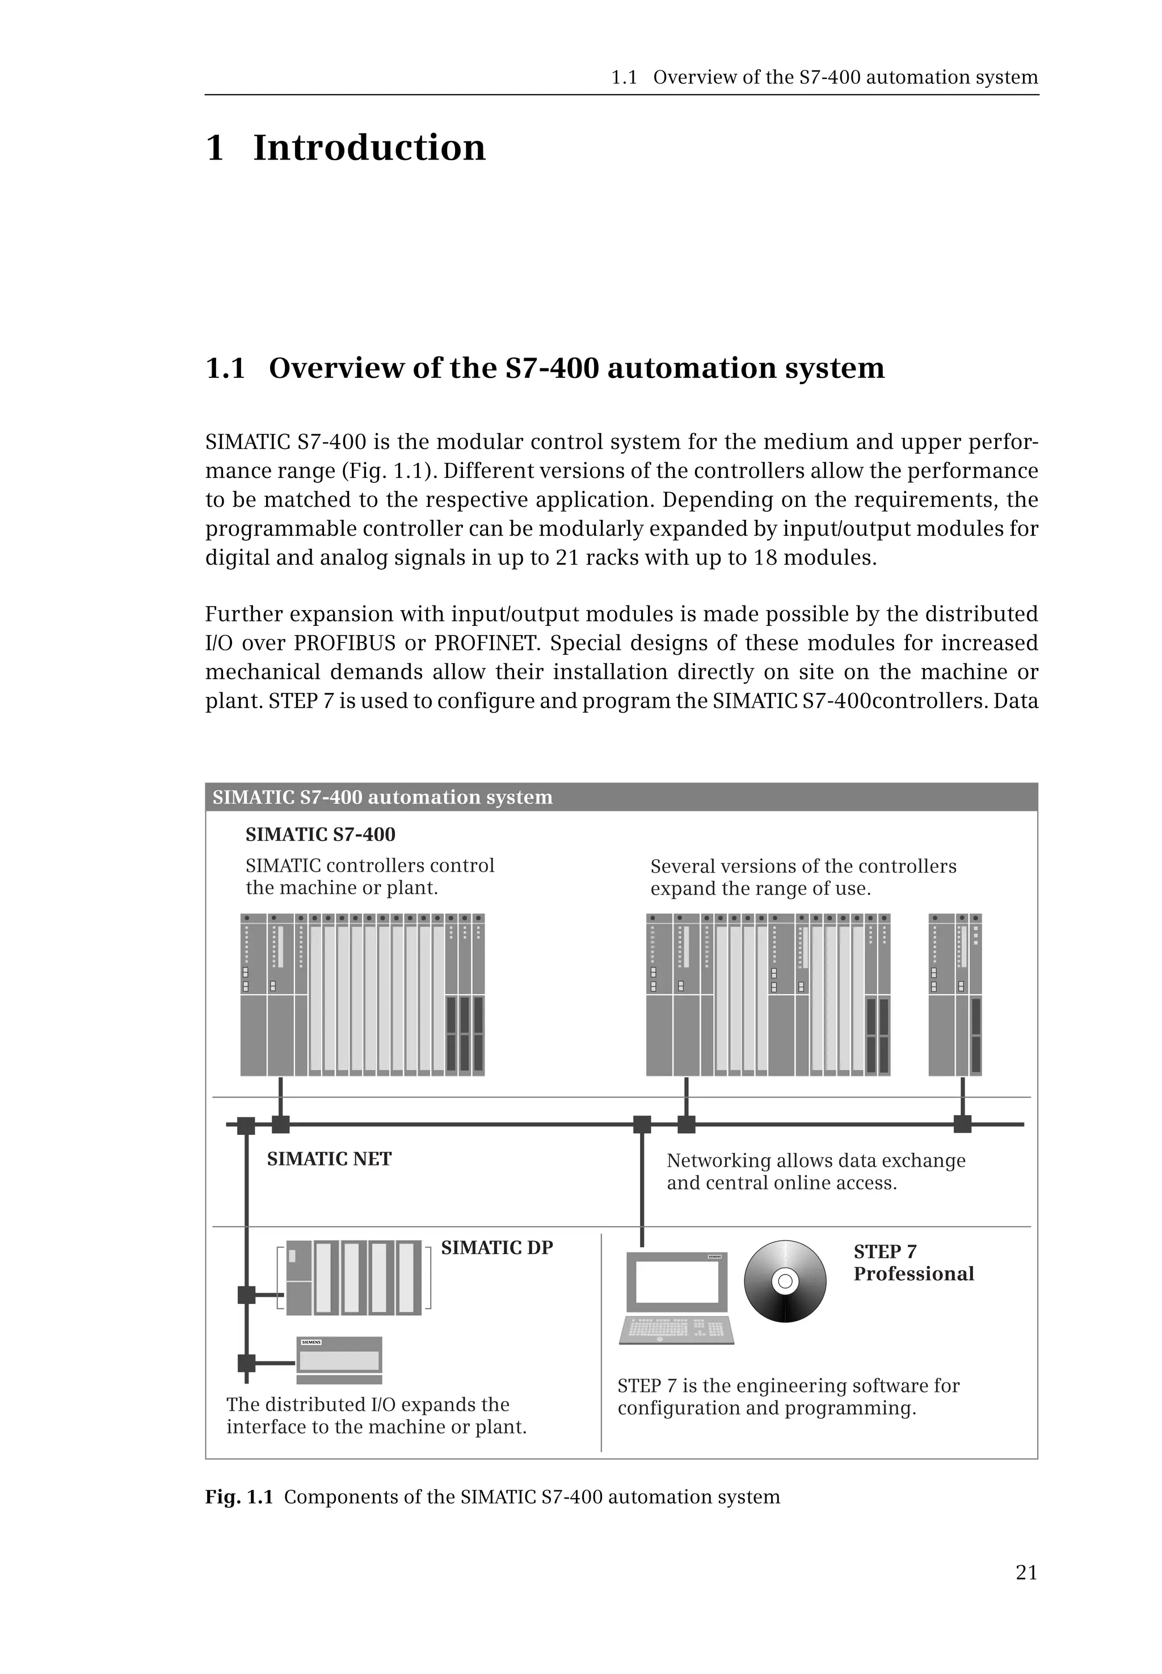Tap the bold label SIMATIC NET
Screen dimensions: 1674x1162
coord(329,1159)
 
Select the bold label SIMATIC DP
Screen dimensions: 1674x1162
coord(496,1247)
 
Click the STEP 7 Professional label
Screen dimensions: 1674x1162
coord(913,1263)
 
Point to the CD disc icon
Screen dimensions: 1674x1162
coord(785,1281)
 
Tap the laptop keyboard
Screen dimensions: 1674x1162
coord(676,1329)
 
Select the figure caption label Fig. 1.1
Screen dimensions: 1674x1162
coord(239,1497)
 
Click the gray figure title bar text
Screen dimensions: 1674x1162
coord(382,797)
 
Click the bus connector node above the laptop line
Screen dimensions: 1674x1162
coord(642,1124)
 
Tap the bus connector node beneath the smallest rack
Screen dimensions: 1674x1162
coord(962,1124)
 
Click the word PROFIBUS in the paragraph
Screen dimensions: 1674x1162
coord(344,643)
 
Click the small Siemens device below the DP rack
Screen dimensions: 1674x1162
coord(339,1360)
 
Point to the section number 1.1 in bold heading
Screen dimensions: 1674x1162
coord(225,368)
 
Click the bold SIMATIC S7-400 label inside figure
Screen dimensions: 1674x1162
coord(321,835)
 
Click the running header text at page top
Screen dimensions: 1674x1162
coord(823,77)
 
